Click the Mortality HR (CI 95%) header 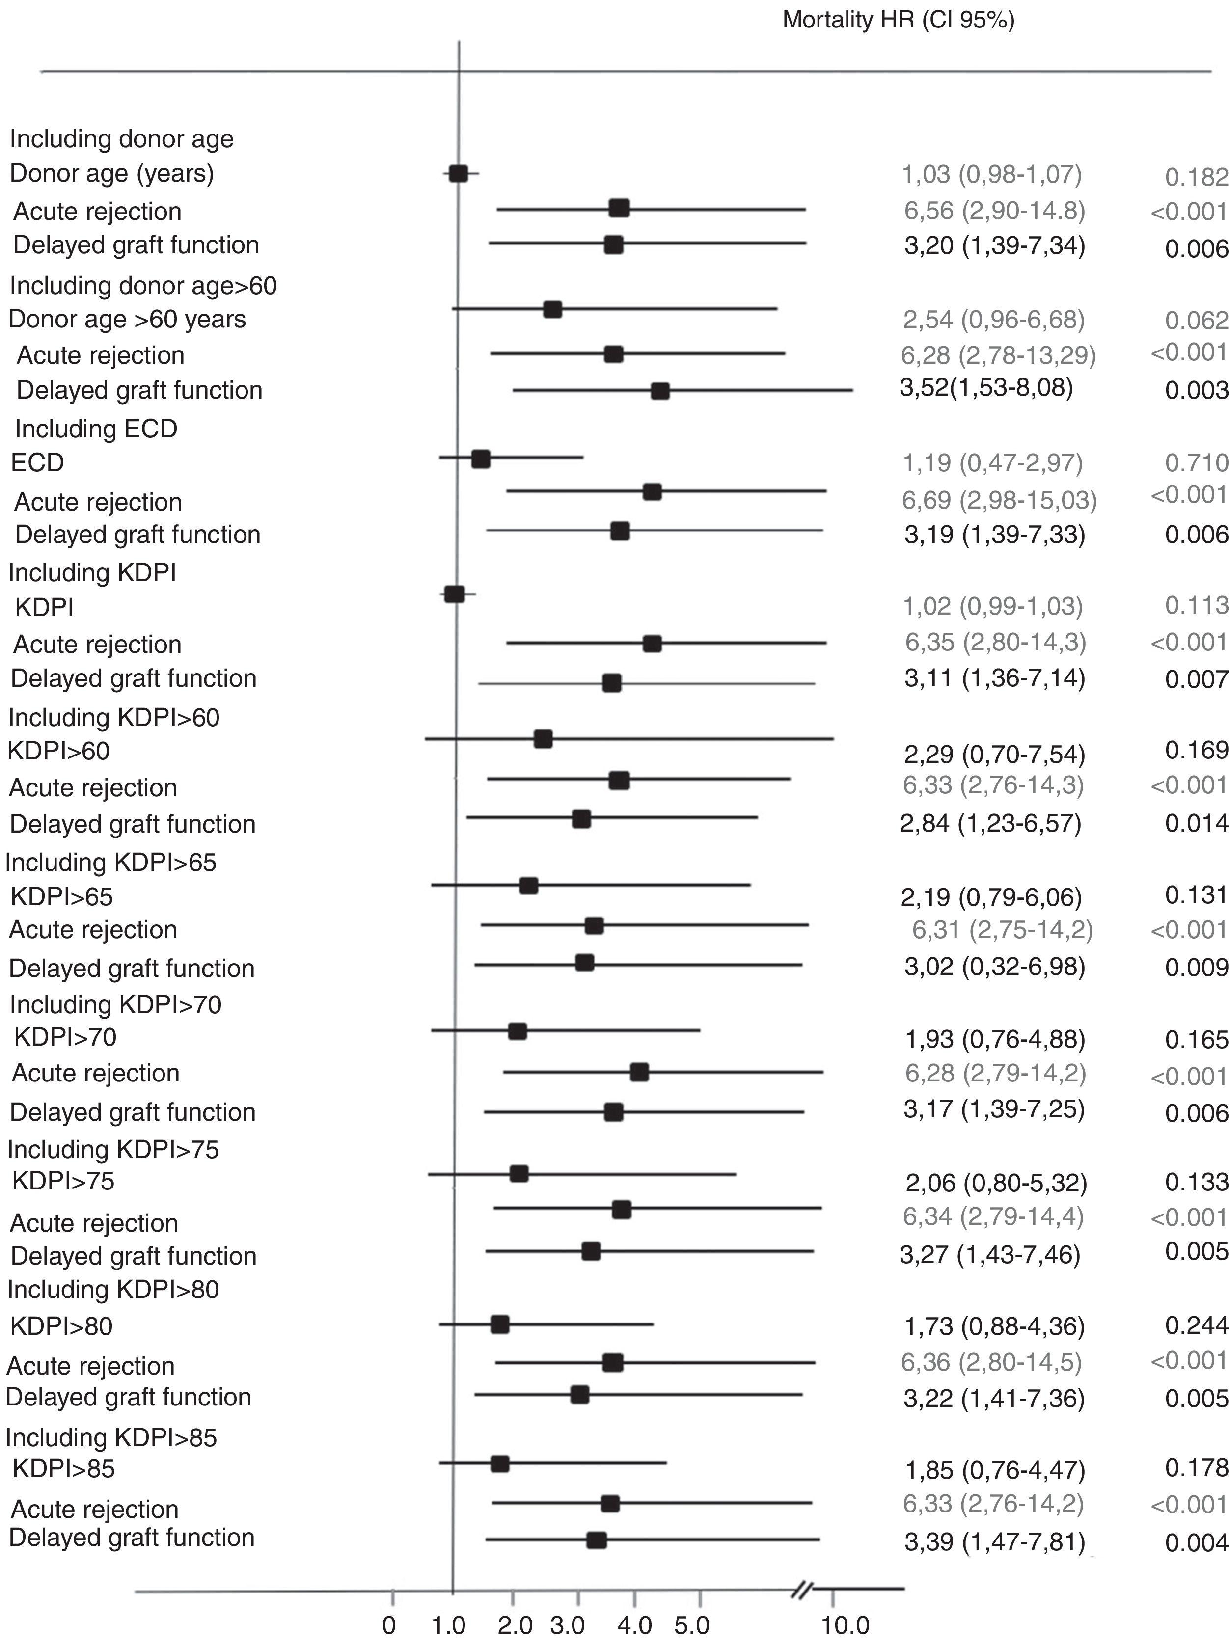coord(898,20)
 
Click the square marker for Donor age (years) coord(458,173)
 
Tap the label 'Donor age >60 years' coord(127,319)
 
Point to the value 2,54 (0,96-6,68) coord(993,319)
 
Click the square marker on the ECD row coord(481,459)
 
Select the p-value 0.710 coord(1196,463)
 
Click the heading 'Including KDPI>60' coord(114,717)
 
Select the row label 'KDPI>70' coord(65,1036)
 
